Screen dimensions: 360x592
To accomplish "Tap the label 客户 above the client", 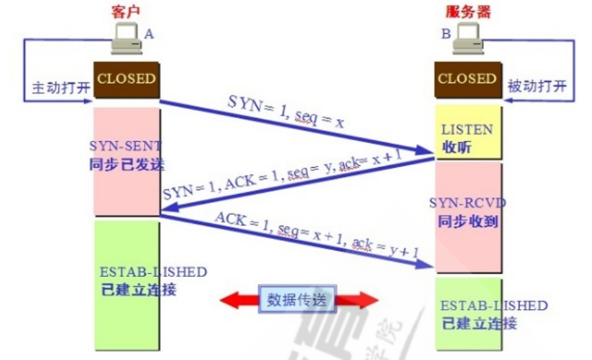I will point(125,12).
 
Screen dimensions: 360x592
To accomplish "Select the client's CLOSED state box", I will point(126,78).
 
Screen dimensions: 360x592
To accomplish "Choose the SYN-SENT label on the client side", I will point(125,146).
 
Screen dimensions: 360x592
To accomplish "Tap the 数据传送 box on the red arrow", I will point(300,300).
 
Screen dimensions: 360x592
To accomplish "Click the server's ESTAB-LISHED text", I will point(493,306).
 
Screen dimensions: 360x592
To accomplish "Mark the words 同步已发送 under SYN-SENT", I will point(126,163).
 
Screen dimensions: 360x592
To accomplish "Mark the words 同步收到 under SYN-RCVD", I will point(468,222).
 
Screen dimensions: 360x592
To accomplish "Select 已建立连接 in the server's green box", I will point(479,323).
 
